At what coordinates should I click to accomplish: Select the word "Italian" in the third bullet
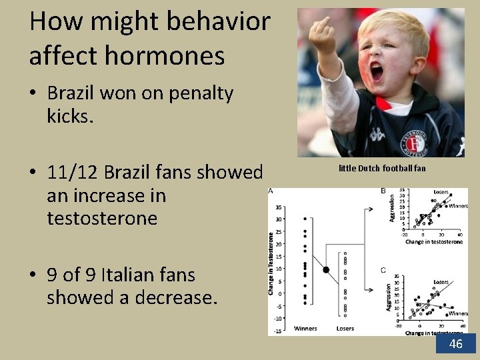(x=115, y=275)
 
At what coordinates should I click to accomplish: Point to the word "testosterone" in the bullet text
(x=102, y=218)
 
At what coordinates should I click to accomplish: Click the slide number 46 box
(x=456, y=343)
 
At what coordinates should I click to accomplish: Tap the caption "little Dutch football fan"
(x=382, y=169)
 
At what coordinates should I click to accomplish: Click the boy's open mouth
(x=377, y=71)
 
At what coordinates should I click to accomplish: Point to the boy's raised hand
(x=324, y=37)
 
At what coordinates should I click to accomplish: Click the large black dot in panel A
(x=326, y=269)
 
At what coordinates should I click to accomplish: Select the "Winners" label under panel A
(x=305, y=328)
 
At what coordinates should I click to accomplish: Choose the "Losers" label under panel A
(x=345, y=328)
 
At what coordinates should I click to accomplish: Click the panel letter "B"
(x=383, y=192)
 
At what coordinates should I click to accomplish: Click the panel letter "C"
(x=383, y=270)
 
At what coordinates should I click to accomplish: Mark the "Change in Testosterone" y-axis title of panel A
(x=271, y=263)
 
